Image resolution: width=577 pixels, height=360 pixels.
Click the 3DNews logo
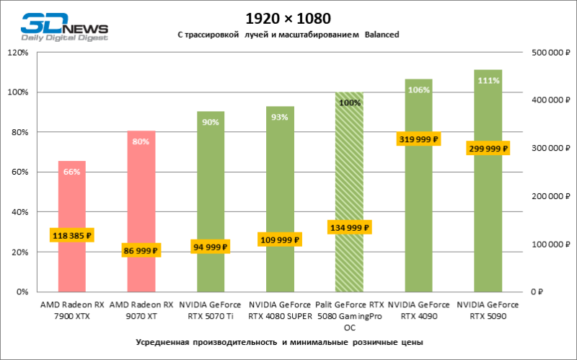coord(65,25)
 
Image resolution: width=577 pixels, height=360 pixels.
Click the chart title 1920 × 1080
coord(288,17)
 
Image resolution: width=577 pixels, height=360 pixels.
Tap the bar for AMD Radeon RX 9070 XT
coord(141,202)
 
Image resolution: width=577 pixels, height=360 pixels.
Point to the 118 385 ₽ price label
coord(72,235)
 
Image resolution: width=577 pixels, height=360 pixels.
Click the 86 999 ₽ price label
coord(141,250)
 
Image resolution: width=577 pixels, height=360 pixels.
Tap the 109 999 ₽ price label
coord(280,239)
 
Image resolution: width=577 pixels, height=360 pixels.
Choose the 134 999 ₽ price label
coord(350,228)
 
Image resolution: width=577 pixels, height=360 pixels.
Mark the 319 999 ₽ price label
coord(418,139)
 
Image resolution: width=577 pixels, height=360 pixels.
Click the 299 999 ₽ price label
coord(488,149)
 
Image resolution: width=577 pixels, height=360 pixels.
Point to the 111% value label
coord(488,81)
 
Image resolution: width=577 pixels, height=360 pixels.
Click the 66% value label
coord(72,172)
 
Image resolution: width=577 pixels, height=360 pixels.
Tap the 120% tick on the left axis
coord(17,53)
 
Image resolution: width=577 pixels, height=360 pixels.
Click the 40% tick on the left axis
coord(19,212)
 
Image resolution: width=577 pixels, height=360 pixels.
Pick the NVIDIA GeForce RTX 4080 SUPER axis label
coord(280,310)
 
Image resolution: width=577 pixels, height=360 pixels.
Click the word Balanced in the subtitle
coord(382,35)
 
